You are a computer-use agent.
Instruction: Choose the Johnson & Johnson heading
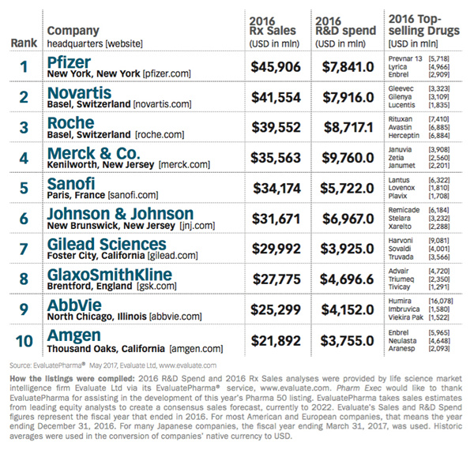(120, 213)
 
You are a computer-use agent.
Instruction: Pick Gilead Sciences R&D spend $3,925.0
(344, 248)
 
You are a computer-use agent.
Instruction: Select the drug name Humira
(401, 301)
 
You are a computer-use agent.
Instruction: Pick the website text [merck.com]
(186, 163)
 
